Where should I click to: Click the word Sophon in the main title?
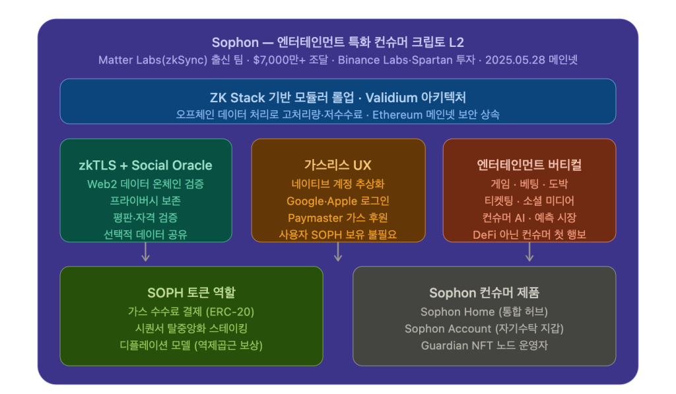click(235, 42)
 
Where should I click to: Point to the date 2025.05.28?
click(509, 60)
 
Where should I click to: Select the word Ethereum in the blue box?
click(397, 115)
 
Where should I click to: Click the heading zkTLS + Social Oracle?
click(146, 165)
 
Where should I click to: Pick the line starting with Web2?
click(146, 184)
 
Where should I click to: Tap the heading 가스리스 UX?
click(337, 165)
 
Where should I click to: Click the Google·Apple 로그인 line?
click(338, 201)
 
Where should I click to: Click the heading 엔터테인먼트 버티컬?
click(529, 165)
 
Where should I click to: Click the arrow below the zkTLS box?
click(146, 251)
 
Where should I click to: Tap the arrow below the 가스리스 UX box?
click(338, 251)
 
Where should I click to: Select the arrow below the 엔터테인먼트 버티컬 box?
click(529, 251)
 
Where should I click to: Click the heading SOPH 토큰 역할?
click(191, 293)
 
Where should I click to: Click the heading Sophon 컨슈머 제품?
click(484, 293)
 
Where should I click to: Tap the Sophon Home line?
click(484, 312)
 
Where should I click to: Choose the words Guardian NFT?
click(457, 346)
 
